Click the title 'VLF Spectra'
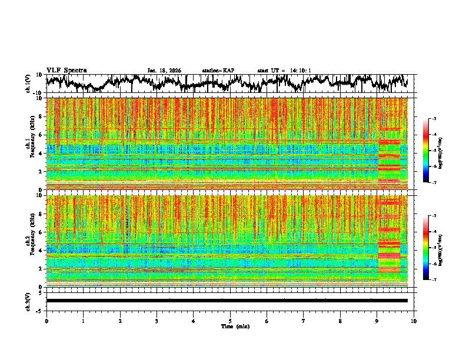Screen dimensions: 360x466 pos(66,70)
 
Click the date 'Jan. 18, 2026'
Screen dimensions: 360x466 pos(164,71)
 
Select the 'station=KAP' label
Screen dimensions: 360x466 pos(218,71)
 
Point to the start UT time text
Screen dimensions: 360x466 pos(284,71)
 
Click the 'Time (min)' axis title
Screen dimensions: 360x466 pos(230,326)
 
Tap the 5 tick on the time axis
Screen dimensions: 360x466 pos(230,321)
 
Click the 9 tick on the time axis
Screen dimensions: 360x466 pos(377,321)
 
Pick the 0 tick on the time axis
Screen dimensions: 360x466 pos(46,321)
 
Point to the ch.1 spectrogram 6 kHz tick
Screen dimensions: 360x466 pos(39,135)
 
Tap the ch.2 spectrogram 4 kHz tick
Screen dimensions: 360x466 pos(39,250)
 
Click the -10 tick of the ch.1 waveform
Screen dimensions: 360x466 pos(36,93)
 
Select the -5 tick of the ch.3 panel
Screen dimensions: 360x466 pos(38,310)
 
